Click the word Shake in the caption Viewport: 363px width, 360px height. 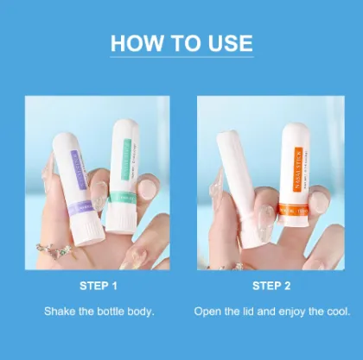(x=61, y=309)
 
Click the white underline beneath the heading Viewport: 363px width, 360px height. (x=181, y=59)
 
